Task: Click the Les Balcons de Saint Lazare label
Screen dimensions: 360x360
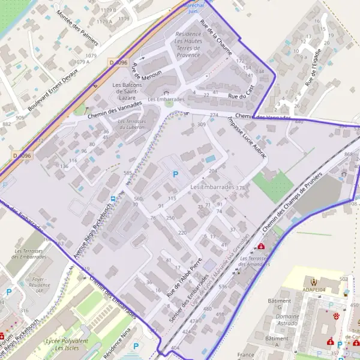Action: (128, 91)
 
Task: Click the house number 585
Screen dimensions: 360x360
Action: (127, 173)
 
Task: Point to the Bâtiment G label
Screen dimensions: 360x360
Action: (279, 304)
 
